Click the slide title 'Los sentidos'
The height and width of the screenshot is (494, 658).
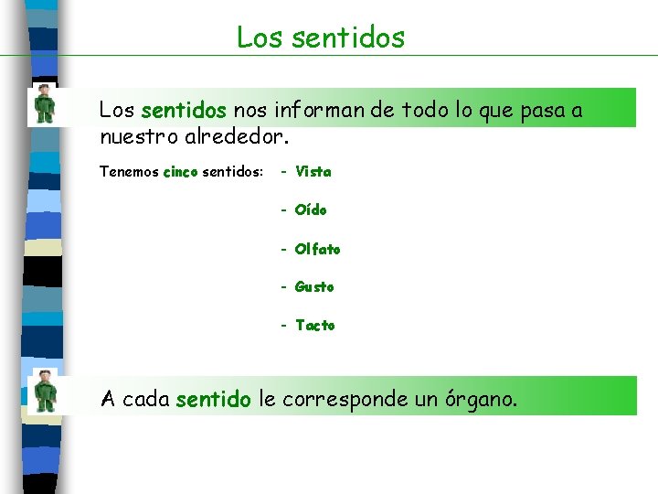320,38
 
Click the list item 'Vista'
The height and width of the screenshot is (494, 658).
313,171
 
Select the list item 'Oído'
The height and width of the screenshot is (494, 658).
311,209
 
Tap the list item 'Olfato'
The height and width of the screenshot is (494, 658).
317,249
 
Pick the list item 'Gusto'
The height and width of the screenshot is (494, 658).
314,286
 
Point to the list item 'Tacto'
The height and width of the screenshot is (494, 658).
315,325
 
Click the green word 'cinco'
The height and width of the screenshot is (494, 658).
180,172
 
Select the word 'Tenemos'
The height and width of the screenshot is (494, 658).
128,172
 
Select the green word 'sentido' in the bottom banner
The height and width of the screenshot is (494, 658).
213,400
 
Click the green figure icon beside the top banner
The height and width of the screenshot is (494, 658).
44,103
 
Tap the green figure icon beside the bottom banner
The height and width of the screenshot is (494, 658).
44,392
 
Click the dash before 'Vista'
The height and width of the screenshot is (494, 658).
286,171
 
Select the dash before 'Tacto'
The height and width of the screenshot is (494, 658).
286,325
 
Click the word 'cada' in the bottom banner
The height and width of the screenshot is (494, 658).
145,400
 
